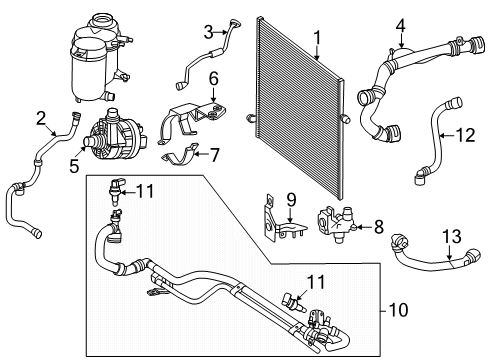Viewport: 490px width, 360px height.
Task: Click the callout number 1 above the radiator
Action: (x=317, y=37)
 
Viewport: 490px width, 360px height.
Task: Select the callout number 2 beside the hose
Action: (x=41, y=118)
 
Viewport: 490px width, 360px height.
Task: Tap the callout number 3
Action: (x=208, y=32)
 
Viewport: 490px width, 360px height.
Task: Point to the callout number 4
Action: (x=401, y=25)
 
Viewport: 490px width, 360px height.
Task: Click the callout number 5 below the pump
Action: (x=74, y=166)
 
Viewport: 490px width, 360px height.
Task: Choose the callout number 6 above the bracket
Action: (x=214, y=79)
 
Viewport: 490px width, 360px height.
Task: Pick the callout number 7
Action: (x=214, y=155)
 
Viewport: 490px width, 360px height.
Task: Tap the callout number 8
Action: (x=379, y=227)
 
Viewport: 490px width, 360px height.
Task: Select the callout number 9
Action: (x=291, y=200)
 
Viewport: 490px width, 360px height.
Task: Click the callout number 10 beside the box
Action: (x=398, y=310)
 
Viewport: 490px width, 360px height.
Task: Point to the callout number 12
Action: (x=465, y=135)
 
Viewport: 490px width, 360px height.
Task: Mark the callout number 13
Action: (x=452, y=236)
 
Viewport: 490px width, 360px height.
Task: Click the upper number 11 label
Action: (x=146, y=191)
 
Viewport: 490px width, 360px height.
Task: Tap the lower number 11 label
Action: (x=316, y=282)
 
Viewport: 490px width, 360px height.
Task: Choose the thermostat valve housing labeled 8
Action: (x=336, y=225)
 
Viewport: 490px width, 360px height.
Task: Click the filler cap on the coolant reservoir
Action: (x=102, y=22)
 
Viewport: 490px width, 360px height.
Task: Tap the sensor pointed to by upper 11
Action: (x=116, y=192)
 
